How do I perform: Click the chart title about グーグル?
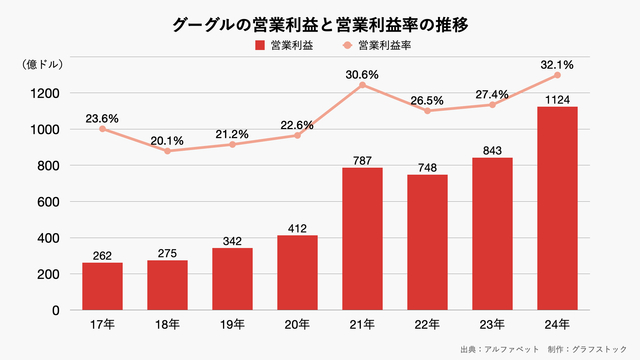(320, 21)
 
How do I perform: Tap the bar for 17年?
(101, 286)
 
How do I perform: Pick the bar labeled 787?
(362, 239)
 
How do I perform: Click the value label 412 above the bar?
(297, 227)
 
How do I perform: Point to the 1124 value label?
(557, 98)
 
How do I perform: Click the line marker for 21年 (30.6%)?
(362, 85)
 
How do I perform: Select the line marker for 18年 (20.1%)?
(167, 151)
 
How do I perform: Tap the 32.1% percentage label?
(557, 64)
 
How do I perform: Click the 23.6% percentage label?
(101, 118)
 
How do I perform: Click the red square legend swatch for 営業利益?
(261, 46)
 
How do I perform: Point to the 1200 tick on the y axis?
(48, 93)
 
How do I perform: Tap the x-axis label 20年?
(297, 324)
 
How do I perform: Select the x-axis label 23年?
(492, 324)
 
